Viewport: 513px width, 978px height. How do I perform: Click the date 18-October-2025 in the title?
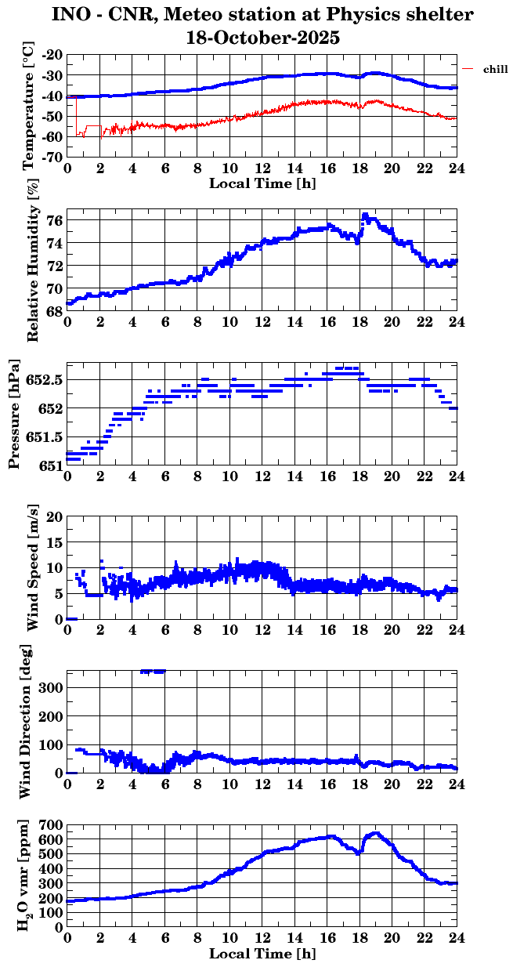(x=263, y=37)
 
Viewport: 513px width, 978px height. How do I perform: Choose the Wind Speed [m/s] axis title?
(x=32, y=569)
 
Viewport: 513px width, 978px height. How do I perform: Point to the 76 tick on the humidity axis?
(x=55, y=221)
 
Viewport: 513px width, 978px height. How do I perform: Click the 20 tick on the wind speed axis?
(x=55, y=516)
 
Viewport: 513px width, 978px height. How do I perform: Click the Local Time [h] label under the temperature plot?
(x=263, y=183)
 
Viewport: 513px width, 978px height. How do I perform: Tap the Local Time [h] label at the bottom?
(x=263, y=954)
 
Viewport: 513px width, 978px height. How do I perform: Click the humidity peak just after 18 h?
(x=364, y=214)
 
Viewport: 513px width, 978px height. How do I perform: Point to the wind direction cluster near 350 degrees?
(x=153, y=671)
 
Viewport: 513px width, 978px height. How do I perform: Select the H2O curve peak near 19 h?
(x=376, y=834)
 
